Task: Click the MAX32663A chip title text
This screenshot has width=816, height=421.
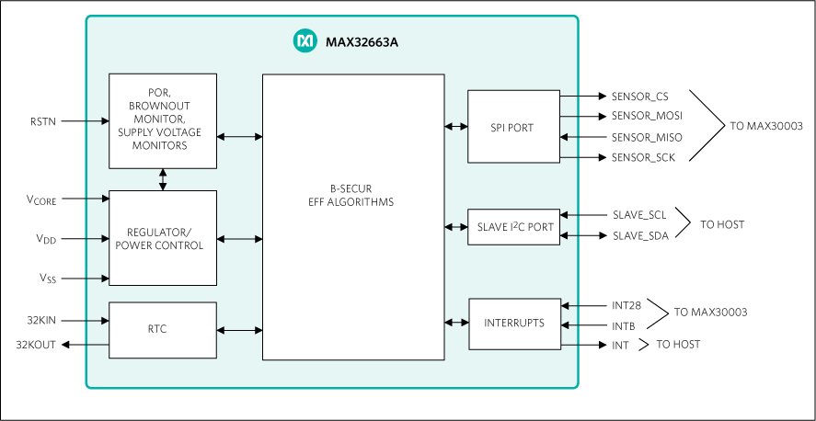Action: point(355,41)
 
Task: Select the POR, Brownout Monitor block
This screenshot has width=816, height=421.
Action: point(163,120)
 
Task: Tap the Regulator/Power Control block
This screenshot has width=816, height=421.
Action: point(163,238)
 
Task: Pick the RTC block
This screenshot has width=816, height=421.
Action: point(163,329)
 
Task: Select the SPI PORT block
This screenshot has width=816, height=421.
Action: point(512,127)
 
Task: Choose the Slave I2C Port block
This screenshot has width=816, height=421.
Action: point(512,227)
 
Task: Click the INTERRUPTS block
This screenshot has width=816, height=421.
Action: point(513,324)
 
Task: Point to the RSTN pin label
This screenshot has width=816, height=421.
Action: point(43,121)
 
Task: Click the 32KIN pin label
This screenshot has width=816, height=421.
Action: point(42,320)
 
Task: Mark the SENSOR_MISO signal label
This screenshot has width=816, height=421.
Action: point(647,137)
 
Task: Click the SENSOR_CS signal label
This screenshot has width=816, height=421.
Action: point(640,97)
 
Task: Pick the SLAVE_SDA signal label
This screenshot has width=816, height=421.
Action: point(640,236)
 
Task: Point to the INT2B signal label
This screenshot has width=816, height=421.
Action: point(626,305)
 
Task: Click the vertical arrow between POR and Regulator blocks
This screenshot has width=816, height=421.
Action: point(163,179)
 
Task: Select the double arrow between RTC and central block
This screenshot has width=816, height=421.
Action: point(239,330)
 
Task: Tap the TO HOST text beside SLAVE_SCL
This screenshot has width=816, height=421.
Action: point(722,224)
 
